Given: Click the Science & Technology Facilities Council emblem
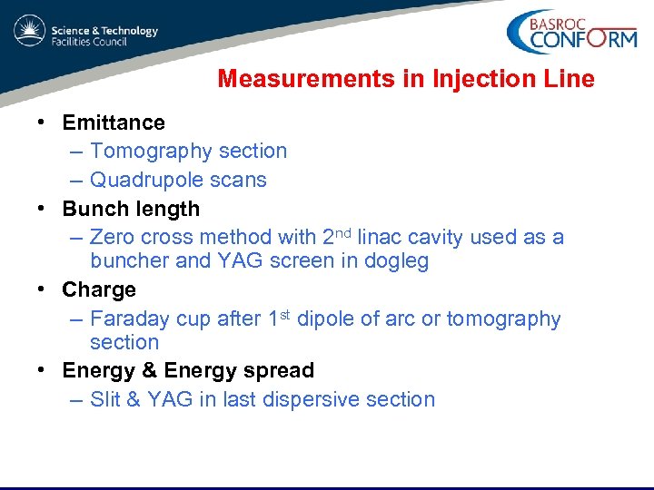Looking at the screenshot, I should [x=28, y=32].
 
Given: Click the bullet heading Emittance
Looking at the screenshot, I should [x=114, y=122].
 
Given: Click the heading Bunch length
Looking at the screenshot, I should [x=131, y=209].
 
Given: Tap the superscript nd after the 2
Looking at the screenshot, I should [x=342, y=232].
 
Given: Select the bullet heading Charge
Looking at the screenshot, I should [x=99, y=289].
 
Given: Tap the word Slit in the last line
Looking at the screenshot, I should [x=107, y=399].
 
